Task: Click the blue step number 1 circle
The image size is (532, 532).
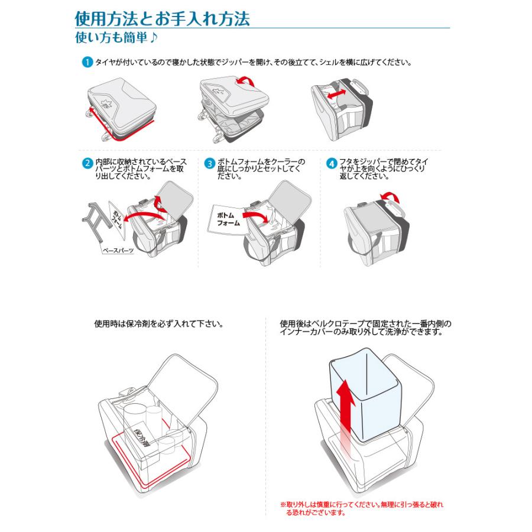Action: tap(87, 63)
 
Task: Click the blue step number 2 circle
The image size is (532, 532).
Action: tap(87, 163)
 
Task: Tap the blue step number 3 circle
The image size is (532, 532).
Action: tap(210, 164)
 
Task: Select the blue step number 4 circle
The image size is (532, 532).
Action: tap(332, 164)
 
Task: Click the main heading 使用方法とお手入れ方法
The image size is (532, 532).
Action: tap(162, 19)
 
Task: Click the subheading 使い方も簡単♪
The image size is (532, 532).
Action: tap(116, 37)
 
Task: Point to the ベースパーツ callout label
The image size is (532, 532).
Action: tap(118, 251)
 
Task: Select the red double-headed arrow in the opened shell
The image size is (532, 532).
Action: tap(337, 94)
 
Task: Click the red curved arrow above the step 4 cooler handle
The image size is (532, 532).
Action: tap(390, 197)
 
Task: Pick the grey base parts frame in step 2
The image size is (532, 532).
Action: tap(97, 221)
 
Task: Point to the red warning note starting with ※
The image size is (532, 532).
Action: tap(362, 508)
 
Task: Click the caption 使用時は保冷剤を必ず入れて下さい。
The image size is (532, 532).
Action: tap(159, 324)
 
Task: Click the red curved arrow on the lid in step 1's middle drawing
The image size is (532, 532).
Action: tap(246, 81)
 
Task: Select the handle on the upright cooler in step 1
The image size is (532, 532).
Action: tap(360, 87)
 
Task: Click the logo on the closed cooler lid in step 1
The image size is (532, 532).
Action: tap(106, 103)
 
